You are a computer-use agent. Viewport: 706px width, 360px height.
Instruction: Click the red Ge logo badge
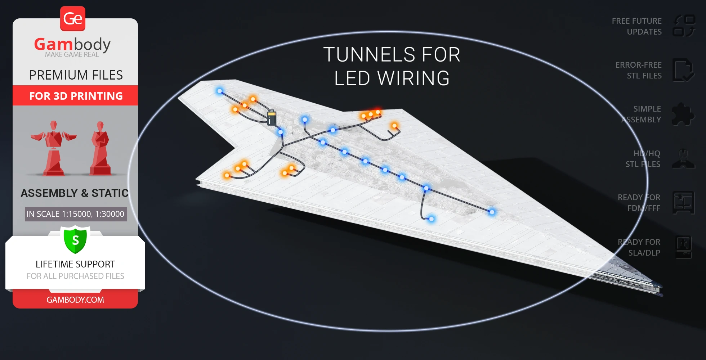click(x=73, y=18)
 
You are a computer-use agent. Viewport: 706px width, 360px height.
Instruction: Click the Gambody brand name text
click(x=72, y=44)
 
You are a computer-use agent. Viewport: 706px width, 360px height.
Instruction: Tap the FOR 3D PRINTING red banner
click(x=76, y=96)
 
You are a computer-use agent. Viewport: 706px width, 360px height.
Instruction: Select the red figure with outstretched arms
click(x=54, y=148)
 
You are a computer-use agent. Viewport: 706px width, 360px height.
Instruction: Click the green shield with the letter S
click(x=75, y=240)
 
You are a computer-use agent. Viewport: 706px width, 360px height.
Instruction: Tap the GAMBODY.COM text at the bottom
click(x=75, y=300)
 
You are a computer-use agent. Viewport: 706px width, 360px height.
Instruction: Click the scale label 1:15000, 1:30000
click(x=76, y=214)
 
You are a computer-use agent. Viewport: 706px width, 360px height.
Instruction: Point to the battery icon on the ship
click(x=272, y=118)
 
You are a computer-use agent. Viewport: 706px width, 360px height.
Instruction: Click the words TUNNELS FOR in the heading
click(x=392, y=55)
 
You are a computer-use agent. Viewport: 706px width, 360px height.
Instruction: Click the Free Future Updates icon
click(x=684, y=26)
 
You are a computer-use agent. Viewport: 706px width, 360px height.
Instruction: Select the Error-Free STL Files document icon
click(x=683, y=70)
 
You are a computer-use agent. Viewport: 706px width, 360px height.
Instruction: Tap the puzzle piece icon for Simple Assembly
click(x=683, y=114)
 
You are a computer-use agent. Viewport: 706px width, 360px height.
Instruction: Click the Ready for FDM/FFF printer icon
click(x=683, y=203)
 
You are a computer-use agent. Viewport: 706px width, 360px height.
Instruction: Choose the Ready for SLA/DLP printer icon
click(x=683, y=247)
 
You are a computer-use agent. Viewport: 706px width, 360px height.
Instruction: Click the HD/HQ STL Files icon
click(x=683, y=159)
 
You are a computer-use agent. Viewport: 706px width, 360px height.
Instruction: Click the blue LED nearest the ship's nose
click(x=492, y=212)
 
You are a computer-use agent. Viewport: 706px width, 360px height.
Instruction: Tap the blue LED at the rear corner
click(x=220, y=91)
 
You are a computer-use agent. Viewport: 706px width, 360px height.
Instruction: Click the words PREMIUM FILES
click(x=76, y=75)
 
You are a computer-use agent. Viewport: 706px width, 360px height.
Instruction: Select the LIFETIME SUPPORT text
click(x=75, y=264)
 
